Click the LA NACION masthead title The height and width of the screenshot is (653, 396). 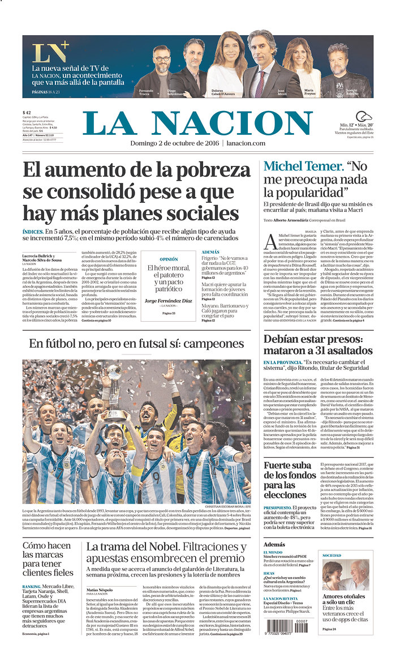point(197,123)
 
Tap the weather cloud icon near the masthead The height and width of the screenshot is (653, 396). point(363,117)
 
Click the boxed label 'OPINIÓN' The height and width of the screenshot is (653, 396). point(168,259)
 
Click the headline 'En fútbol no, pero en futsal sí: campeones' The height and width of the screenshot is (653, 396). point(136,344)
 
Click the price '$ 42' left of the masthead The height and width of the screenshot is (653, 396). point(27,112)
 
